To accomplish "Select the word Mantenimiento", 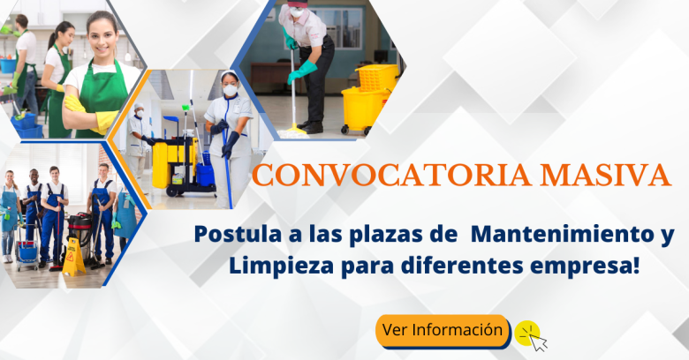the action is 565,234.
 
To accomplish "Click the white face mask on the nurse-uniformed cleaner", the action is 230,90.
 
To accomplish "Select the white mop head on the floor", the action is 292,133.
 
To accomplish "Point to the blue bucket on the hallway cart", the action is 205,175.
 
